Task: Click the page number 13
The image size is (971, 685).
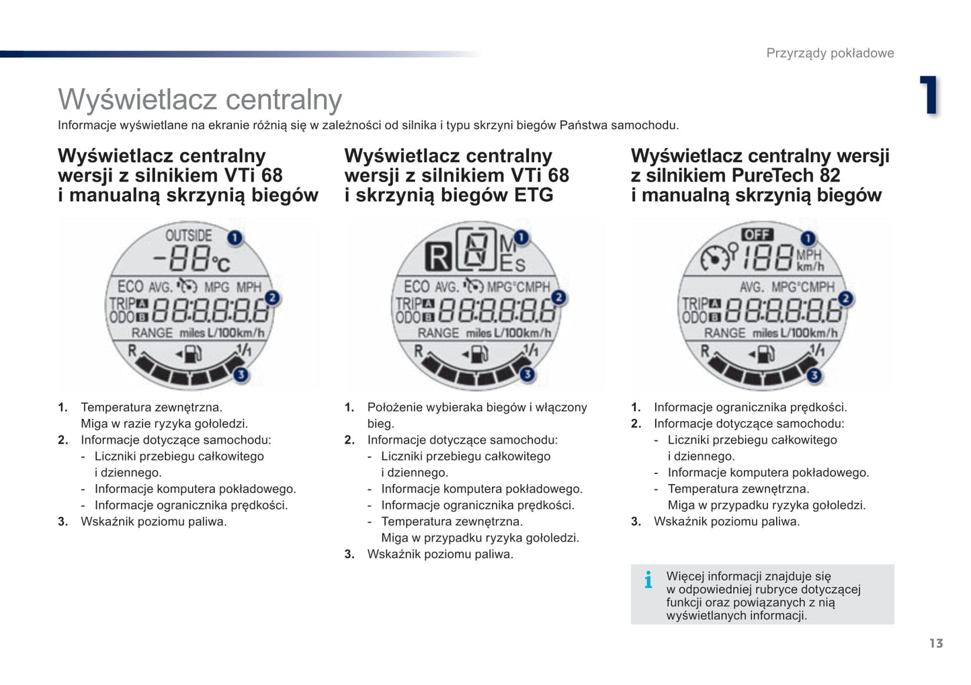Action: (x=936, y=643)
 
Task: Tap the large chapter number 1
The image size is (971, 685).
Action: (x=929, y=95)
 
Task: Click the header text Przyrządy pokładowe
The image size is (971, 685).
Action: (x=830, y=53)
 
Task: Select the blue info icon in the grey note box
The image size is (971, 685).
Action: (x=648, y=579)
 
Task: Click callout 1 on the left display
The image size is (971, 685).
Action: (x=235, y=237)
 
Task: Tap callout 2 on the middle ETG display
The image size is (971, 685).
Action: (x=559, y=297)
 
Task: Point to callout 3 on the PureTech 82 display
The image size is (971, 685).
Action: (x=814, y=376)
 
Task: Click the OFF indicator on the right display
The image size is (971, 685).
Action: (x=757, y=235)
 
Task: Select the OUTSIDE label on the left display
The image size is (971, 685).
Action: (x=189, y=235)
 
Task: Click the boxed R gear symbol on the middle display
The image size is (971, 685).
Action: (x=438, y=257)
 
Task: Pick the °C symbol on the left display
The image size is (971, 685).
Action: (x=221, y=263)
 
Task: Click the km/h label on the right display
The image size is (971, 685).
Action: (x=810, y=267)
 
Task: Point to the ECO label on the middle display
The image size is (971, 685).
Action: (x=417, y=286)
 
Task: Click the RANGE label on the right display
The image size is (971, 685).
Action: (x=725, y=333)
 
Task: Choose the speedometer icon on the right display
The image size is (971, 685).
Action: (x=715, y=257)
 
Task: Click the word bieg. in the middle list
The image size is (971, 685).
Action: (x=380, y=424)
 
